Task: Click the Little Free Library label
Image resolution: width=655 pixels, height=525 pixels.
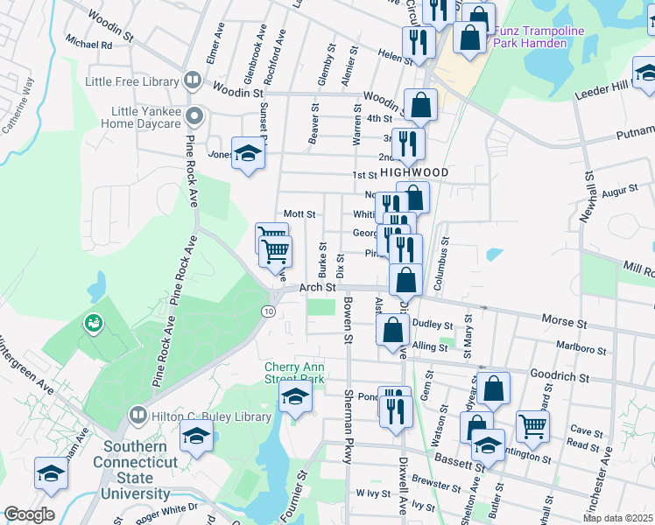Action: coord(131,81)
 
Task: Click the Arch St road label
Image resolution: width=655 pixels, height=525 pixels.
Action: coord(317,287)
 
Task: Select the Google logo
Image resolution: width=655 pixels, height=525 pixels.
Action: coord(29,514)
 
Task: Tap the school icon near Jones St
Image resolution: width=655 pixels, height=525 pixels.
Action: coord(249,154)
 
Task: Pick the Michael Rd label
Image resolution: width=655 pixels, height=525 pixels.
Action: coord(88,44)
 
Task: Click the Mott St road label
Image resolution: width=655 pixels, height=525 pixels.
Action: coord(299,213)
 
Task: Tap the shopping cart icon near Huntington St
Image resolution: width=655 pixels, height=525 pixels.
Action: coord(532,426)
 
